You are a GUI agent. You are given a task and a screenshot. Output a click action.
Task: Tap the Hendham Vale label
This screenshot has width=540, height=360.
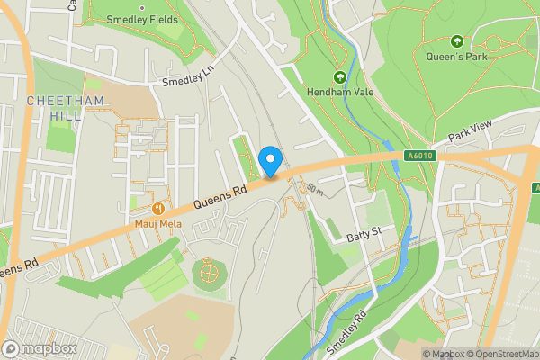click(x=340, y=92)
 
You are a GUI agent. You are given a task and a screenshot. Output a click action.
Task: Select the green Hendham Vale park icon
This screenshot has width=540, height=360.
click(x=340, y=76)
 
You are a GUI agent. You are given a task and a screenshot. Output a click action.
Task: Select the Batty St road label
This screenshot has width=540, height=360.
click(x=364, y=236)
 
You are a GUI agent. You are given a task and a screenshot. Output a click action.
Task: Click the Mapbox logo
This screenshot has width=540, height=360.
click(x=40, y=348)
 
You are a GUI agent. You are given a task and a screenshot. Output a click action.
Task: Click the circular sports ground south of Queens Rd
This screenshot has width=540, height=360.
click(x=209, y=273)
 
